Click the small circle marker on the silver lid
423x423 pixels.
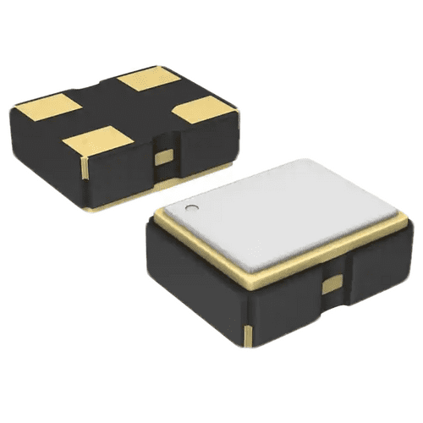point(192,206)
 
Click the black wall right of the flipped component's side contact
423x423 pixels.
point(203,144)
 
